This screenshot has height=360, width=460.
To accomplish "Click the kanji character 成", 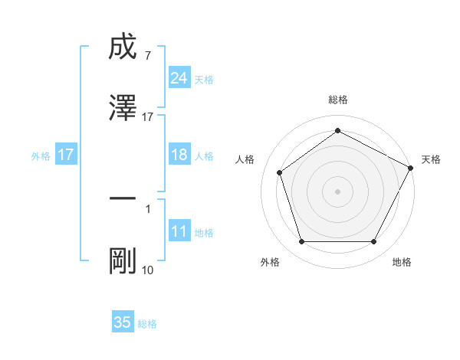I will point(123,48).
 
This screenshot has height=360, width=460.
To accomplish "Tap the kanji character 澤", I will point(123,107).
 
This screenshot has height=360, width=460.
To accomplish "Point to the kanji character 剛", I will point(123,260).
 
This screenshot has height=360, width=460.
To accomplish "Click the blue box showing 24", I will point(179,78).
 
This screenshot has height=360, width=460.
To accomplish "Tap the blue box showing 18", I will point(179,155).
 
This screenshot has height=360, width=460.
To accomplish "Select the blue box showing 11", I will point(179,231).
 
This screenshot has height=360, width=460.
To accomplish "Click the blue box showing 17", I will point(66,155).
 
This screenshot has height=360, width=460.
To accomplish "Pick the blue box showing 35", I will point(123,322).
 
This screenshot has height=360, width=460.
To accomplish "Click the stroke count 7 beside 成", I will point(147,55).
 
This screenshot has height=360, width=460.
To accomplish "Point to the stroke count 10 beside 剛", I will point(147,270).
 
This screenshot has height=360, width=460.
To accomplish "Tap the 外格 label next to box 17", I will point(41,155).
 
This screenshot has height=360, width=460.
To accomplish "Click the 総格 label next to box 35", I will point(147,324).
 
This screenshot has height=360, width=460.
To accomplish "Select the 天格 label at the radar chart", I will point(431,159).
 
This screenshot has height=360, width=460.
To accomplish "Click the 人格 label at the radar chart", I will point(245,159).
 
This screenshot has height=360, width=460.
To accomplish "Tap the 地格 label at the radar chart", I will point(402,262).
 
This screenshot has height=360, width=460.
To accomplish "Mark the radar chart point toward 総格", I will point(337,131).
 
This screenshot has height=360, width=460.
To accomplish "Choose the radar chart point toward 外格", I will point(301,242).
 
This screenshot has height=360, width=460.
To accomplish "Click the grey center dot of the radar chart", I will point(337,191).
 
